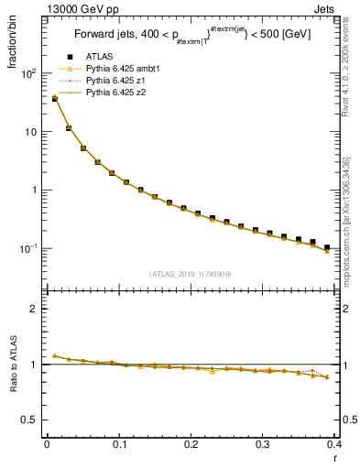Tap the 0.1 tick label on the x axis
(118, 446)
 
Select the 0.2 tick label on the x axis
(191, 446)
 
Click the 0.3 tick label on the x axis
(263, 446)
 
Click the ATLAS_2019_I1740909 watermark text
(190, 274)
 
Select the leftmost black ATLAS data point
(54, 98)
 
